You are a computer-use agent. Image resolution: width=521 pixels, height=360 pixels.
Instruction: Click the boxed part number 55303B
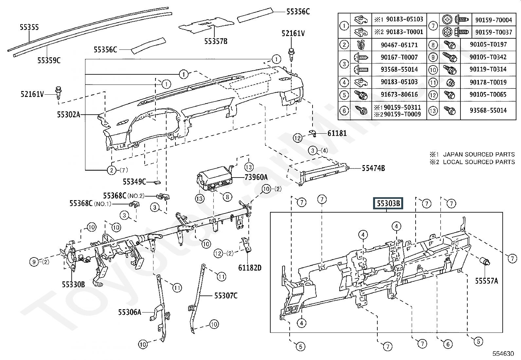(388, 203)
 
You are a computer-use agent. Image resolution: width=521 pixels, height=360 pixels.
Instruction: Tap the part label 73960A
(256, 177)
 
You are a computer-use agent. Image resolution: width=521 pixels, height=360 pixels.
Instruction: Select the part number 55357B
(216, 41)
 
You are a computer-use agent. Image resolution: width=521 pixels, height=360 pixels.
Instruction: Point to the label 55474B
(373, 168)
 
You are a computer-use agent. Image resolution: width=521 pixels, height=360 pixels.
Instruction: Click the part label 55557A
(487, 281)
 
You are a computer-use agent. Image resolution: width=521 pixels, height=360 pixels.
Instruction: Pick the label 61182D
(250, 268)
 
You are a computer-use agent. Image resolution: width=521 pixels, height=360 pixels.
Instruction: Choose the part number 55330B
(73, 284)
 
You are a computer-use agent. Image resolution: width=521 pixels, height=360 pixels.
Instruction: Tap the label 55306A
(130, 312)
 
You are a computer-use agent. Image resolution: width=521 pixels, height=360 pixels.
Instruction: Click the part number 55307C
(226, 295)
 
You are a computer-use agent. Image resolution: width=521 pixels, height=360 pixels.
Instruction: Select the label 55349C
(134, 181)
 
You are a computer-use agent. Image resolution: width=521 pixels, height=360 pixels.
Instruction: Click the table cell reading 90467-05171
(399, 45)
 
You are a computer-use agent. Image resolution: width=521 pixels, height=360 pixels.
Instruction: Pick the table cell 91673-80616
(399, 94)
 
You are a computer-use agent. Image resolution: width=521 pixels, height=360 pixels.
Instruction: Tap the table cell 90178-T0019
(488, 82)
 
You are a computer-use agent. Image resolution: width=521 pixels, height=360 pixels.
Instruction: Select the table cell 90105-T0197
(488, 44)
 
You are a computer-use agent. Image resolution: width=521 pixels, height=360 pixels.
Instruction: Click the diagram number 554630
(503, 353)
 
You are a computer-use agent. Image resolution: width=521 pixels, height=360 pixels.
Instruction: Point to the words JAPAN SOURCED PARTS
(479, 154)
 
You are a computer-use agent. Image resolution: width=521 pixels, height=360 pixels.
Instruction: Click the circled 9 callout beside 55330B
(34, 262)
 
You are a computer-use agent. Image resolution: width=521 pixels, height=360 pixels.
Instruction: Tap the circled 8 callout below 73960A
(227, 197)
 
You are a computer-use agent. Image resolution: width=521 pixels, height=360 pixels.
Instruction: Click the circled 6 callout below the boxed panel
(448, 344)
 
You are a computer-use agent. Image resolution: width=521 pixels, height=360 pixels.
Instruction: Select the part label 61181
(337, 133)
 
